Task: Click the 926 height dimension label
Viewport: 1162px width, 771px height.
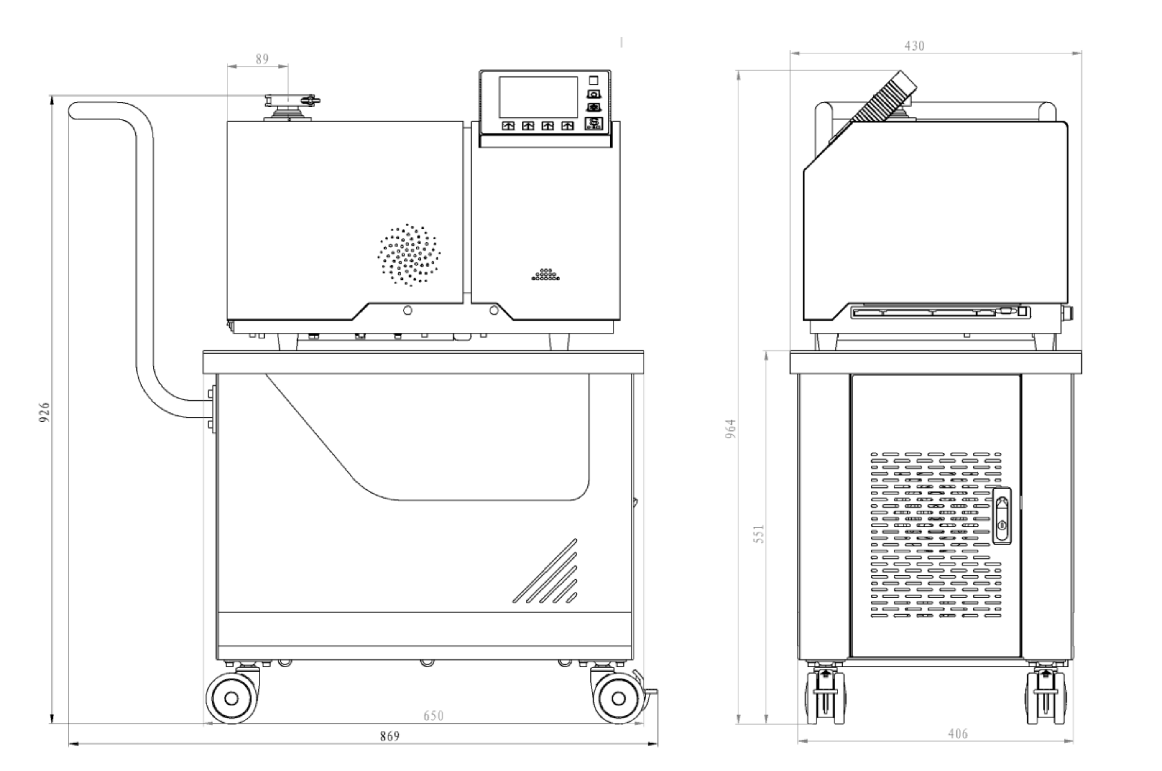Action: pos(44,412)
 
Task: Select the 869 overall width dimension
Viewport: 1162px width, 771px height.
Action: pos(390,736)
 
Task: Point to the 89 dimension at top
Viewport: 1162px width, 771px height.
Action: pos(262,59)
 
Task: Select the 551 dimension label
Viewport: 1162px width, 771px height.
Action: pos(759,534)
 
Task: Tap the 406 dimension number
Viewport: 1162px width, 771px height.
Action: pos(958,734)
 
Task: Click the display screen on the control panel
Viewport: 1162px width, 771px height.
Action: pos(538,97)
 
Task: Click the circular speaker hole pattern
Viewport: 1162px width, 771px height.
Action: pos(409,255)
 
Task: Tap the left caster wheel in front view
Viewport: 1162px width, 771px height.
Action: pos(231,697)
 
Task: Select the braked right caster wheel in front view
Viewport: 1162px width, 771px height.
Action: pos(619,697)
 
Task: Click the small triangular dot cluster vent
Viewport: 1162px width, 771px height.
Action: pos(546,275)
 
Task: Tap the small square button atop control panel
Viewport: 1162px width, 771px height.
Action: pos(593,80)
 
